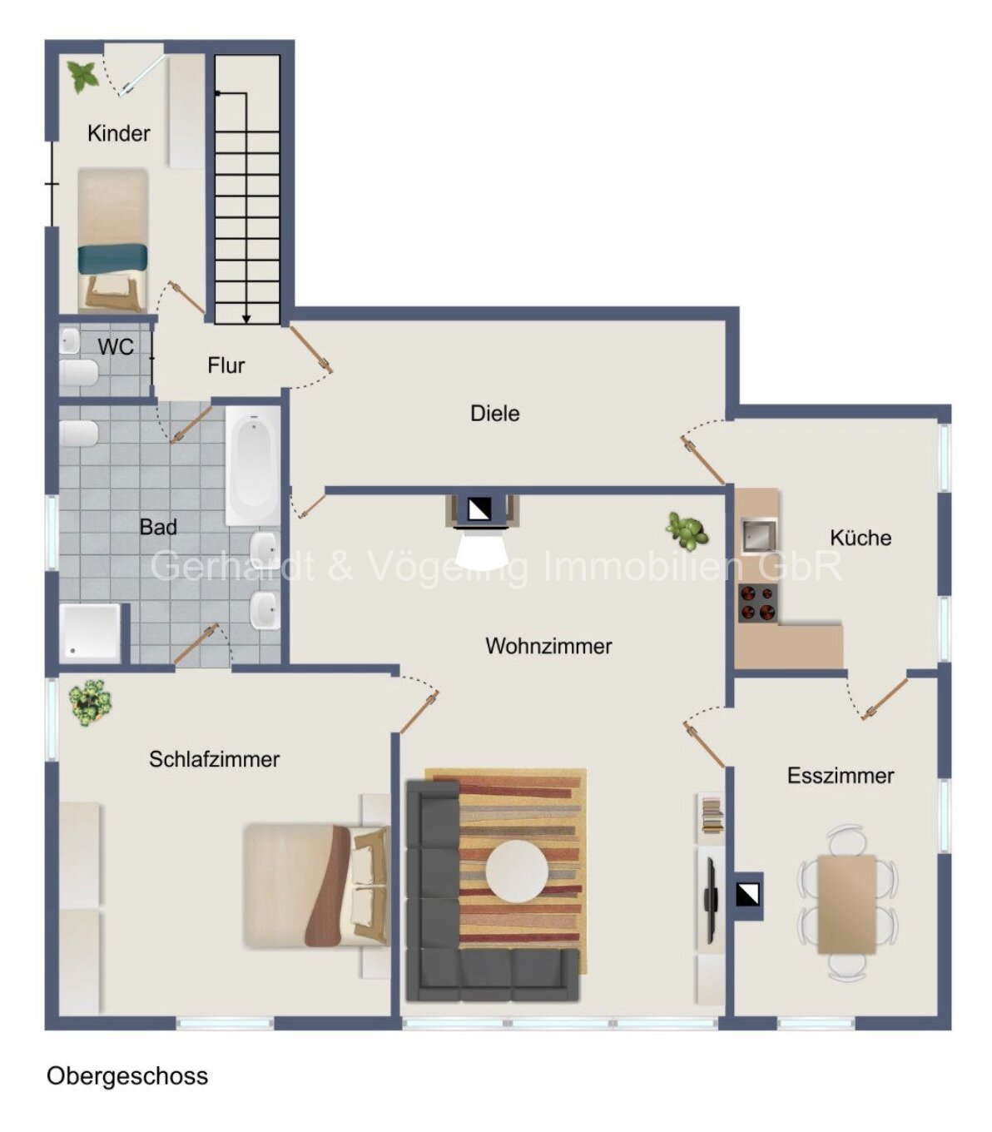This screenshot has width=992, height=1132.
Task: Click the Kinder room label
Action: coord(118,133)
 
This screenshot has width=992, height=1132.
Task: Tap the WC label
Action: coord(116,347)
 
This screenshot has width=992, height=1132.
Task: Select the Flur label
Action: coord(226,365)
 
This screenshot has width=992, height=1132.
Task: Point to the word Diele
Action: coord(495,414)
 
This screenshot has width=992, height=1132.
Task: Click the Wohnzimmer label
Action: coord(548,646)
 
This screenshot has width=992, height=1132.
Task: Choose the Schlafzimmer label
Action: coord(214,759)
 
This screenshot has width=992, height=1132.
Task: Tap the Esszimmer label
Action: coord(840,776)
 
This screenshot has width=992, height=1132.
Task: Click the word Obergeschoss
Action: coord(127,1075)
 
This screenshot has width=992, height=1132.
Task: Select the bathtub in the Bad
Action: coord(253,464)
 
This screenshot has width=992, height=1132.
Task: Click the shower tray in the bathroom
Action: coord(89,633)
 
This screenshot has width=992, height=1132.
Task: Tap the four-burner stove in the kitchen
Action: coord(758,603)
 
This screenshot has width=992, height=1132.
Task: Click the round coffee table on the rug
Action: coord(517,871)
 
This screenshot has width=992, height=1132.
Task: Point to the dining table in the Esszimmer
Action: coord(846,904)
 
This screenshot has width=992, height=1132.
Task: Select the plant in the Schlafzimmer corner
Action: coord(89,703)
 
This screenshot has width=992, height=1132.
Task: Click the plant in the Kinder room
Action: coord(82,77)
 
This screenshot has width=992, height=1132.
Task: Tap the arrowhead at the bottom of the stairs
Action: coord(246,320)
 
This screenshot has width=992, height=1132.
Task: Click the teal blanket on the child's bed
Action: coord(112,259)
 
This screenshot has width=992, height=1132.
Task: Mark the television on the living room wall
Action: coord(710,900)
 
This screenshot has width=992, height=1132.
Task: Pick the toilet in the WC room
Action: coord(79,373)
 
